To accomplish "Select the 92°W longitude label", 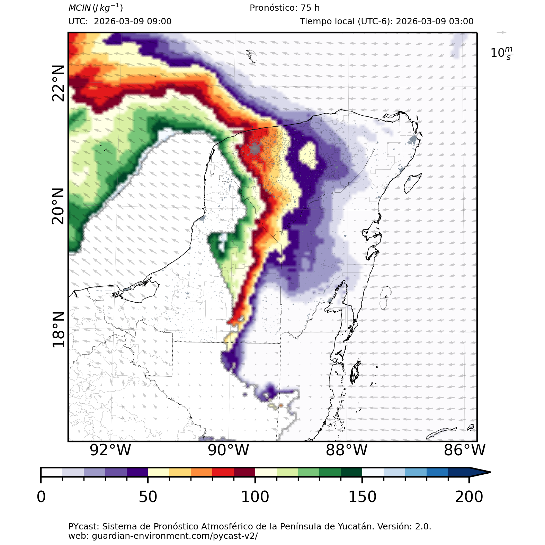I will point(110,450).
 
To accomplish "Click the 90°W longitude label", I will point(229,450).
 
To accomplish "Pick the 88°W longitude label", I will point(347,450).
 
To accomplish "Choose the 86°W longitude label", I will point(465,450).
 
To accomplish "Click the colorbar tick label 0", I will point(41,497).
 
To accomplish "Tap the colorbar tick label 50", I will point(148,497).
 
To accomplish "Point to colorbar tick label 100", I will point(255,497).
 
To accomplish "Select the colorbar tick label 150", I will point(362,497).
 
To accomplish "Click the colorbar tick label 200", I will point(469,497).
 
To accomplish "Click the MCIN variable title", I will point(96,8).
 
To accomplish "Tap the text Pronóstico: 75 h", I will point(285,8).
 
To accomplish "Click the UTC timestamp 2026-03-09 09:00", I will point(133,21).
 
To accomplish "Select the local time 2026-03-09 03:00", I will point(435,21).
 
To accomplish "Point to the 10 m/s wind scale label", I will point(502,53).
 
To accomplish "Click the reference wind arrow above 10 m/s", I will point(501,33).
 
